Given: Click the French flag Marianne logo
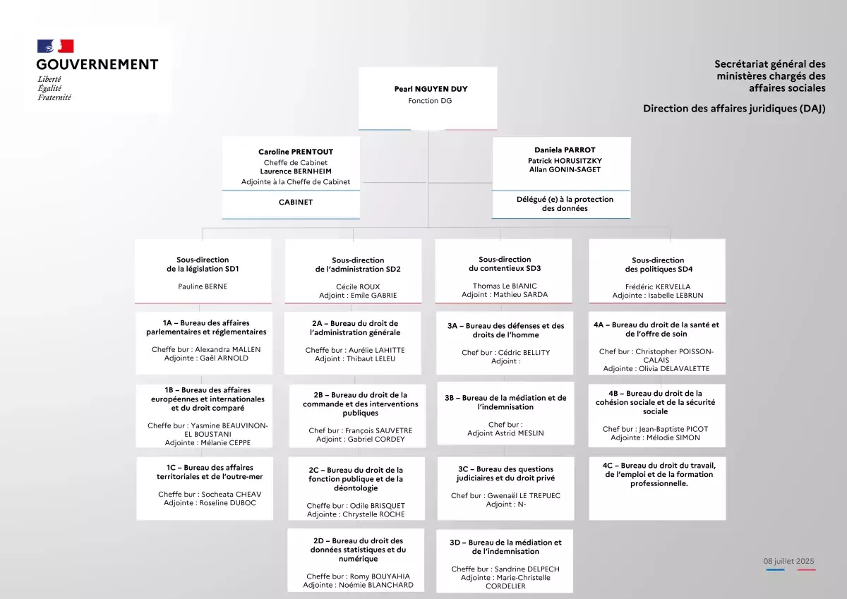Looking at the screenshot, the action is coord(55,46).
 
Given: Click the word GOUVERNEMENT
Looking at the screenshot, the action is coord(97,65).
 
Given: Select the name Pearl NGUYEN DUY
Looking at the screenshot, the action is coord(431,89).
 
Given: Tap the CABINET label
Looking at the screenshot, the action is coord(296,202).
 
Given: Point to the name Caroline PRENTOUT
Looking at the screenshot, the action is coord(296,152).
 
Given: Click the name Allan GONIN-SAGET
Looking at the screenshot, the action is coord(565,169).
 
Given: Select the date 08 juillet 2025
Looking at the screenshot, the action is coord(788,561).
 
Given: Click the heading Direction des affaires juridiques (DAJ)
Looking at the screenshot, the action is coord(734,109).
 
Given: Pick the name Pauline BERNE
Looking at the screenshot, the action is coord(203,286).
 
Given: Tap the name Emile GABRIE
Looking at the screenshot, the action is coord(373,295).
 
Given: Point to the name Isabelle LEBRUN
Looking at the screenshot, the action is coord(675,295).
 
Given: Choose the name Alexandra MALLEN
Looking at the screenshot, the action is coord(227,349).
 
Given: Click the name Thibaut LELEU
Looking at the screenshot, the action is coord(371,358).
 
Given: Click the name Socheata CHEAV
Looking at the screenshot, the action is coord(232,494).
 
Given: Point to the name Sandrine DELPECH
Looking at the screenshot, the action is coord(527,569).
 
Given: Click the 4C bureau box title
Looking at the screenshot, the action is coord(659,474).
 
